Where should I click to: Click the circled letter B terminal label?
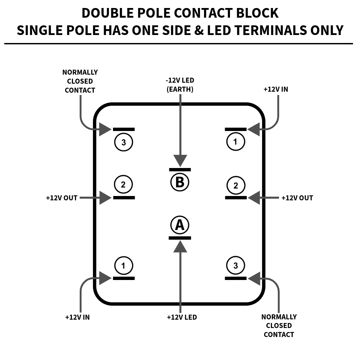click(180, 182)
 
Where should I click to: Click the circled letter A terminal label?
click(180, 225)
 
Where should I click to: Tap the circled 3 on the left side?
click(124, 142)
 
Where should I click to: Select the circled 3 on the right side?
click(236, 265)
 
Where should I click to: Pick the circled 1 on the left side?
click(124, 266)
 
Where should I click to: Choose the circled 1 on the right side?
click(236, 141)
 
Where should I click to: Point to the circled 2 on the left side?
click(123, 184)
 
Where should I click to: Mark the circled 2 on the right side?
click(236, 185)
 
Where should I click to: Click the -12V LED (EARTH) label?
click(180, 85)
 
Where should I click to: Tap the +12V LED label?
click(182, 317)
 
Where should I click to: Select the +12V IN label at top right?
click(276, 89)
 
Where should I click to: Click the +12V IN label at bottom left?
click(77, 317)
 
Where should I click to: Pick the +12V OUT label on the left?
click(62, 198)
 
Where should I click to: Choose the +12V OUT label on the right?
click(297, 198)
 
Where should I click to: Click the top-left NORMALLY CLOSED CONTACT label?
click(80, 81)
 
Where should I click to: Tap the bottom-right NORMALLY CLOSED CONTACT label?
click(279, 326)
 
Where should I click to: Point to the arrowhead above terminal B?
click(180, 161)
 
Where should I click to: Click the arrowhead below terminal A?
click(180, 247)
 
